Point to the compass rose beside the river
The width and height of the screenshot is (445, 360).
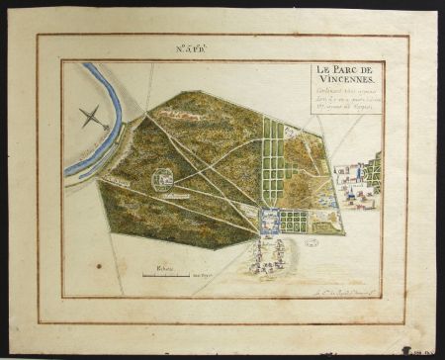click(x=92, y=119)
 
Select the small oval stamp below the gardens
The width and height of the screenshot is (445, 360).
click(x=311, y=241)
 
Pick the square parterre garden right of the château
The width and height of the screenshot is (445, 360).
click(x=294, y=221)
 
